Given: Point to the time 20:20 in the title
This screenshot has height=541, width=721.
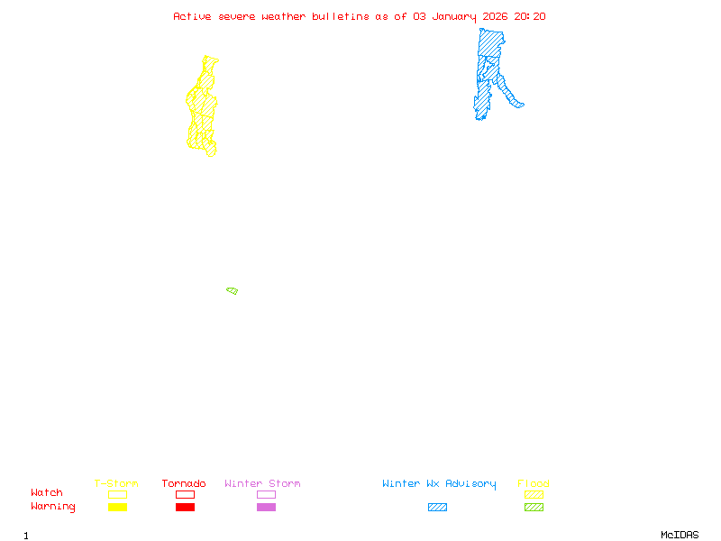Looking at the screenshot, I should point(530,16).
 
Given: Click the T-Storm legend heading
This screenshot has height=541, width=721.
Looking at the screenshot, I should point(116,483).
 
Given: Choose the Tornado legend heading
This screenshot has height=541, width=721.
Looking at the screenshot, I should point(184,483).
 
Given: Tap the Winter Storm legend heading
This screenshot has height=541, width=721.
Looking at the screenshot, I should point(262,483).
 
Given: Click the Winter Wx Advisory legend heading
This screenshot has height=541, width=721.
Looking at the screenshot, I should point(439,483).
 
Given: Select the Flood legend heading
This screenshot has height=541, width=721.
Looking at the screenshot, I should point(534,483).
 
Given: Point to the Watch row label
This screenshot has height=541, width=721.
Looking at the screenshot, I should point(47,493).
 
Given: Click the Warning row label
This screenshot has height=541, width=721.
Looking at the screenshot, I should point(52,507).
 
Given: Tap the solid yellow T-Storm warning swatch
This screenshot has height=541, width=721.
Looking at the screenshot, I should point(117,508).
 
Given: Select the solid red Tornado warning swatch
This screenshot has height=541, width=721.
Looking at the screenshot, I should point(185,508).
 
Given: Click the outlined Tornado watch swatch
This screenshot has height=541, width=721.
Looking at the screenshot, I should point(185,494).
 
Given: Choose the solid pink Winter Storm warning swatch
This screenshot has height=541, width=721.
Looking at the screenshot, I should point(266,508).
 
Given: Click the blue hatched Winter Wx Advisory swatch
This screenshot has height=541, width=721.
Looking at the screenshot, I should point(437,508).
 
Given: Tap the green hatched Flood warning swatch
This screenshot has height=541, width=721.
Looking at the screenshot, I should point(534,508).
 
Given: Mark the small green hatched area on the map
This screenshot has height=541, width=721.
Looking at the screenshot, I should point(232,290).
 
